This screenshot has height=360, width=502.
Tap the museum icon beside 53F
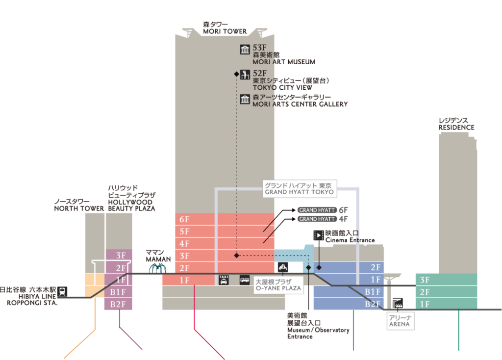point(245,50)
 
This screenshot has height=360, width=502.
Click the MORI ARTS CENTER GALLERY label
point(300,104)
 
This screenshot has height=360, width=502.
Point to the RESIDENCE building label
point(456,127)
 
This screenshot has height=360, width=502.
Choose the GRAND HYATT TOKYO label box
point(298,189)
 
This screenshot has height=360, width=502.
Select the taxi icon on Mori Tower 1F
point(224,280)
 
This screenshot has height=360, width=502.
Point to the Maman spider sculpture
point(158,268)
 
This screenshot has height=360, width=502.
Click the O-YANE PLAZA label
point(278,285)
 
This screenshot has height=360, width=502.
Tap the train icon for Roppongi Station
point(63,291)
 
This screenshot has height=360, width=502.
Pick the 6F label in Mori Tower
point(184,219)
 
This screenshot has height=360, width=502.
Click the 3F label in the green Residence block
point(425,280)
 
